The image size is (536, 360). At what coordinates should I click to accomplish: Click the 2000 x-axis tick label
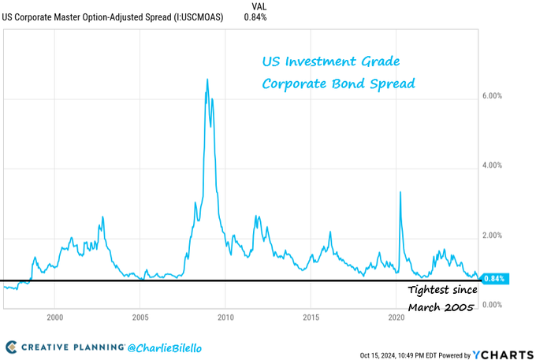pos(54,317)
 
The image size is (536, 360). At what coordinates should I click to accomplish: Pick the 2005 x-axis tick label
pos(140,317)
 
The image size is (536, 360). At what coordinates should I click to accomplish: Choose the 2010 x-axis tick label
pos(225,317)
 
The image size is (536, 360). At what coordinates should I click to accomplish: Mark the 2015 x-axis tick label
pos(311,317)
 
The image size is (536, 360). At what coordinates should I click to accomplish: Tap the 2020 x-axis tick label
pos(396,317)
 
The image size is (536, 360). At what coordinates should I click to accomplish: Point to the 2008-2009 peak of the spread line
pos(207,80)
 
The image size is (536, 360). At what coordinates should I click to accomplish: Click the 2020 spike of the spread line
pos(401,192)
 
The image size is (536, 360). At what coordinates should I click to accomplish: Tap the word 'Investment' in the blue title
pos(330,61)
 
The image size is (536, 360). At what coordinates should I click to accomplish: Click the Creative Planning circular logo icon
pos(12,347)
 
